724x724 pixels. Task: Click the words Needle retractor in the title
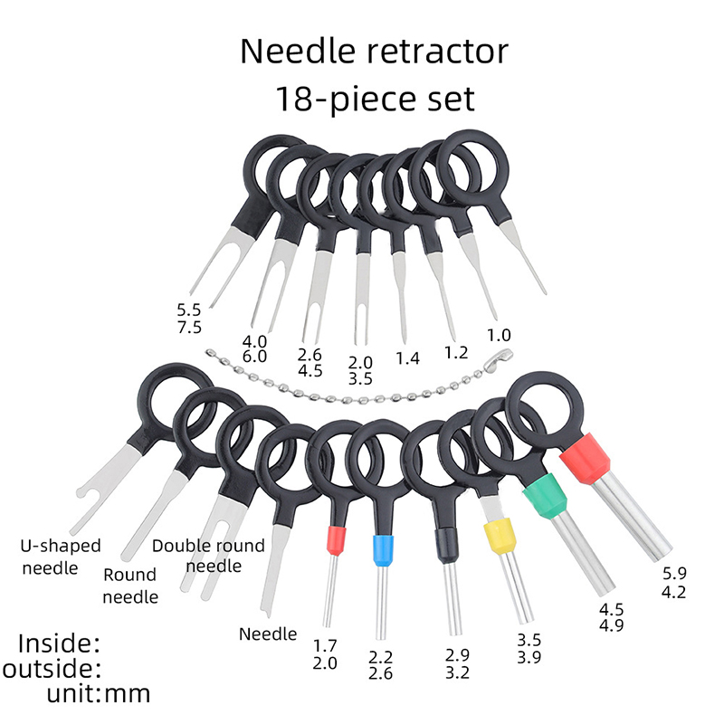(x=375, y=51)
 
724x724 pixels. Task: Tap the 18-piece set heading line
(x=375, y=98)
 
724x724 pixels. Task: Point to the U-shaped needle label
(x=61, y=557)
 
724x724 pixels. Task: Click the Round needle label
(x=129, y=586)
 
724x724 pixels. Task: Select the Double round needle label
(x=208, y=555)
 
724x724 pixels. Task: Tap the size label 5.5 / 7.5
(x=190, y=318)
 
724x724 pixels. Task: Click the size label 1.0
(x=499, y=335)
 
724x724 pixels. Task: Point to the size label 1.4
(x=409, y=358)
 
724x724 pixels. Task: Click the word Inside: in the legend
(x=60, y=644)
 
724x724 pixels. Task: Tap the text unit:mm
(x=99, y=694)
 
